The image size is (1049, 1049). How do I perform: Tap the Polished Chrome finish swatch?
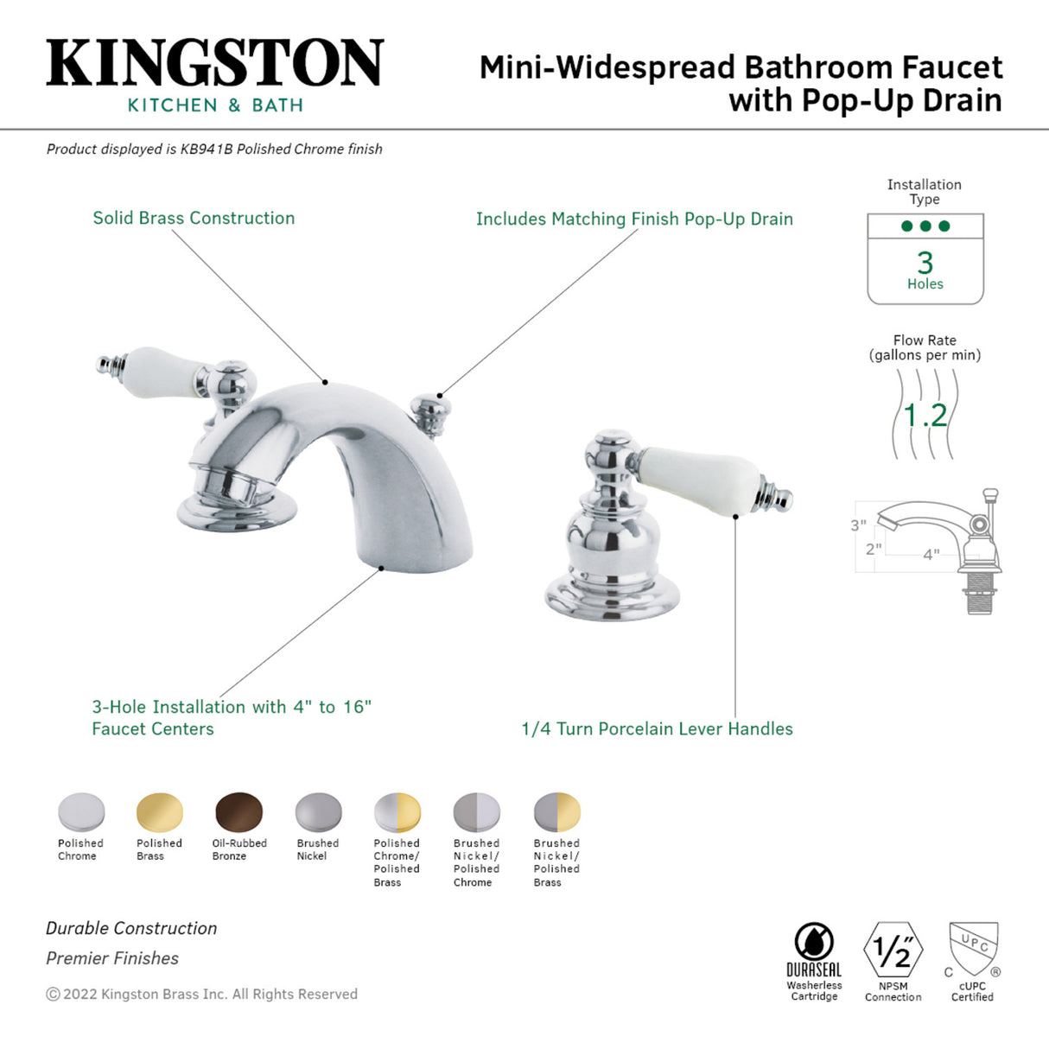coord(81,812)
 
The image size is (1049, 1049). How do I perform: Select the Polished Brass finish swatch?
coord(160,812)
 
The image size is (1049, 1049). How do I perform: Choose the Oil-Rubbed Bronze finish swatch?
coord(238,812)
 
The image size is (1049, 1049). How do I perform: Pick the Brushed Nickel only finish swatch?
coord(318,812)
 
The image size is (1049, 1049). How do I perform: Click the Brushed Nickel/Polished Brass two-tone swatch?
coord(556,812)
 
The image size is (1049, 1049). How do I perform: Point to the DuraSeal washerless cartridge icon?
coord(813,942)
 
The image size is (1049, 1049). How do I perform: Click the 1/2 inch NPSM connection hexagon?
coord(893,950)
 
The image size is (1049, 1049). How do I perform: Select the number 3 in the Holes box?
coord(925,263)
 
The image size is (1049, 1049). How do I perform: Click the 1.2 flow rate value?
coord(925,416)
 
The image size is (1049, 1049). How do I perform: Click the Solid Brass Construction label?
coord(194,218)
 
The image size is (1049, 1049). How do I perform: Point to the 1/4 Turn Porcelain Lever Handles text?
coord(657,728)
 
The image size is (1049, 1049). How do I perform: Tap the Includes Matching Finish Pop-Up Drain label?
coord(634,219)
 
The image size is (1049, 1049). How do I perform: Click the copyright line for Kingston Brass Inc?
coord(201,994)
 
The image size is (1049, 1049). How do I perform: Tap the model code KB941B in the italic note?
coord(206,149)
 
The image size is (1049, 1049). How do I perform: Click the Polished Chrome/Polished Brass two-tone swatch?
coord(397,812)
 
